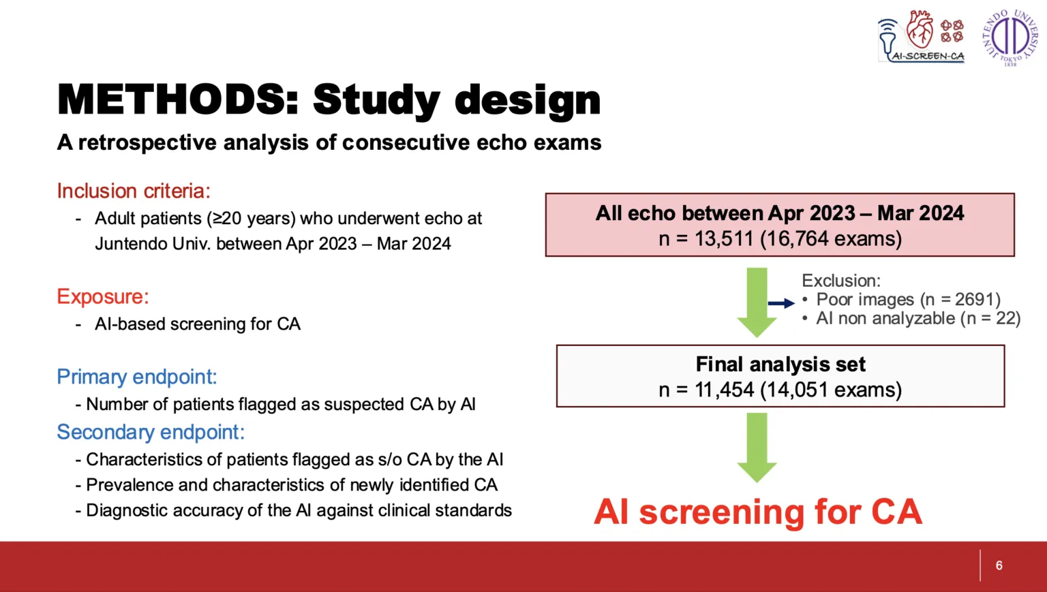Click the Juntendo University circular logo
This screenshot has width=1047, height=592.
pos(1010,37)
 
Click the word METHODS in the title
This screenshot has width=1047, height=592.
pos(178,99)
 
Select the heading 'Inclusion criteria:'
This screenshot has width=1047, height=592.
pos(134,191)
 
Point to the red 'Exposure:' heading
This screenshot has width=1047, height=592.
pos(103,296)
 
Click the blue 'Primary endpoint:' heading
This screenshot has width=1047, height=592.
pos(137,377)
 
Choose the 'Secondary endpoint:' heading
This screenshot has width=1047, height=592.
pos(151,432)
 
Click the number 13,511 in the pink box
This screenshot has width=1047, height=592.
pos(724,238)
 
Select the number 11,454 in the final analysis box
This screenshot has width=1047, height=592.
pos(725,390)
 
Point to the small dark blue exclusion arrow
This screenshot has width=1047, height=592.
pos(781,303)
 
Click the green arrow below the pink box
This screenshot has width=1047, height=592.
pos(757,302)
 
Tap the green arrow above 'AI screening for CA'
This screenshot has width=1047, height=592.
pos(757,448)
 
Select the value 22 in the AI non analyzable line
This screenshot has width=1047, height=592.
pos(1005,319)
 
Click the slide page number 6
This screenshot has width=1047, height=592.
pos(999,565)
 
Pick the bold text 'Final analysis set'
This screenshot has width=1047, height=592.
pos(780,364)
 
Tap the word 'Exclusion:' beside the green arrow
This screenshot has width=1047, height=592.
pos(841,281)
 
